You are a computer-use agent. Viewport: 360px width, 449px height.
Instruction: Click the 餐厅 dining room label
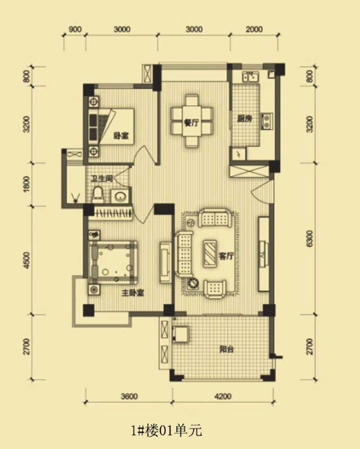pos(191,123)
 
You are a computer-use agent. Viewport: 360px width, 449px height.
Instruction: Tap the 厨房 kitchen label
pos(244,118)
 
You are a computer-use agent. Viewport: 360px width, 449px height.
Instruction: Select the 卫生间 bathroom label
pos(101,179)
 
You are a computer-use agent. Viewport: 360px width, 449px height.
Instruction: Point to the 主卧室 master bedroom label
pos(133,293)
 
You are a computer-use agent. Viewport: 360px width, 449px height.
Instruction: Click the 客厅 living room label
pos(226,256)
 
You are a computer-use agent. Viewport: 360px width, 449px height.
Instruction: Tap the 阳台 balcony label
pos(227,349)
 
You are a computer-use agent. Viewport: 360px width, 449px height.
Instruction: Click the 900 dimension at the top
pos(75,29)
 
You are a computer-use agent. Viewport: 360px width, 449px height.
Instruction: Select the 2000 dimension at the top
pos(254,29)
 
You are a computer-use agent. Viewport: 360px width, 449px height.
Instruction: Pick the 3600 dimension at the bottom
pos(129,396)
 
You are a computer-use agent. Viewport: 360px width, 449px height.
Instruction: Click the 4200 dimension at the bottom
pos(223,396)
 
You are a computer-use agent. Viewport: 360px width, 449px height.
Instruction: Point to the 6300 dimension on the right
pos(310,238)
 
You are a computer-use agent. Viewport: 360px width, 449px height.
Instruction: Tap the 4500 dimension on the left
pos(26,261)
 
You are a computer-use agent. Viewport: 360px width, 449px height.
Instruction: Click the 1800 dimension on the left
pos(26,184)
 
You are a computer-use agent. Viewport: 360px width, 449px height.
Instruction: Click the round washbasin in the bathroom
pos(119,196)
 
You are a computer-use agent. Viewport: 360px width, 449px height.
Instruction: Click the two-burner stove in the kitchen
pos(267,121)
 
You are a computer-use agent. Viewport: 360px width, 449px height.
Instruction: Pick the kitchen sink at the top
pos(251,77)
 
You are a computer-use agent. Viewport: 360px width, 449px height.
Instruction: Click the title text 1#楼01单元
pos(166,430)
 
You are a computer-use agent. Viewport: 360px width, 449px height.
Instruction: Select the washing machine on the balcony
pos(181,334)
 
